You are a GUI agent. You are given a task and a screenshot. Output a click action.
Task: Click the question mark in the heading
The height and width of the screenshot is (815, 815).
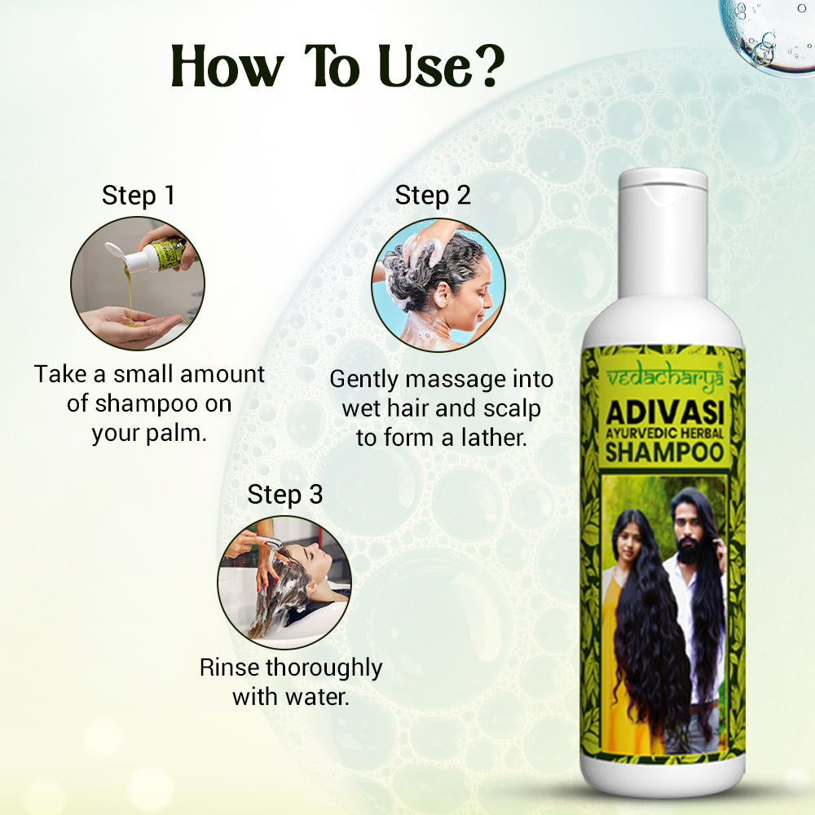(486, 67)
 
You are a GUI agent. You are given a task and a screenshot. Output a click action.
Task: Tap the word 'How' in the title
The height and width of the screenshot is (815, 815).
(227, 67)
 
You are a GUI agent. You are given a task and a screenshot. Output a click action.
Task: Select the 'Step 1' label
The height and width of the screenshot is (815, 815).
(139, 196)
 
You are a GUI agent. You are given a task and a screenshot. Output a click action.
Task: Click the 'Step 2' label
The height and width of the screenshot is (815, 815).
(433, 196)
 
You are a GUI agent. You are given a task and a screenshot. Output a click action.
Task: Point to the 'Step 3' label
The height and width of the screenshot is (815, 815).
(284, 495)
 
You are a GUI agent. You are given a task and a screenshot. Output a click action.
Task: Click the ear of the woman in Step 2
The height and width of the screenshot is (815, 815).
(443, 293)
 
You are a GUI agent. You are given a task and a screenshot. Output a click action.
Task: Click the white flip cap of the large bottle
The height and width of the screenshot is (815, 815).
(663, 234)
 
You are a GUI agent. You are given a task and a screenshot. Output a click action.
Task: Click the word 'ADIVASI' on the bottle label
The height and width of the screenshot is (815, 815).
(665, 414)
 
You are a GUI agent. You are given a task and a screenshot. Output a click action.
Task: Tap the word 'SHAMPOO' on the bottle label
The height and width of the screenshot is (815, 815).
(665, 452)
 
